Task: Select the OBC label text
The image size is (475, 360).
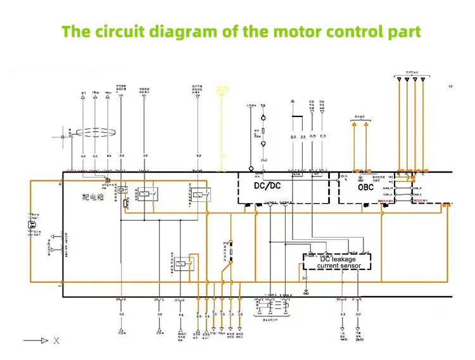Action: [x=366, y=187]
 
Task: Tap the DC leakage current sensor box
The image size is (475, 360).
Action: [x=336, y=262]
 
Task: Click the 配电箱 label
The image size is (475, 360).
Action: [x=92, y=197]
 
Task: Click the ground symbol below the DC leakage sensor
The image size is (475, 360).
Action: [x=306, y=292]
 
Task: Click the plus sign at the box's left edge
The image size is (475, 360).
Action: [x=60, y=183]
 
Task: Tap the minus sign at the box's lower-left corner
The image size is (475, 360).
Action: [x=60, y=286]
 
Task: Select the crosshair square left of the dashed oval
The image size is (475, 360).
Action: [x=63, y=133]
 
